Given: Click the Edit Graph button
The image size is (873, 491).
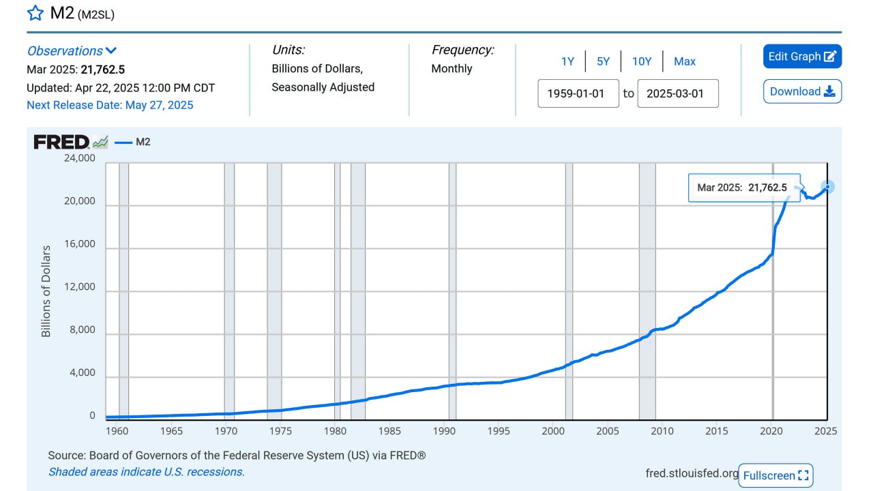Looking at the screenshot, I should point(802,57).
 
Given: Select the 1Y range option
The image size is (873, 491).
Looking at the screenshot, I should point(567,61).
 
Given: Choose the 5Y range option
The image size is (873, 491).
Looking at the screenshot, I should point(603,61).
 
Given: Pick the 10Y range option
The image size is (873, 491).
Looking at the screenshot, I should point(642,61).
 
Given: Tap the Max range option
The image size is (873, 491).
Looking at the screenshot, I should point(685,61).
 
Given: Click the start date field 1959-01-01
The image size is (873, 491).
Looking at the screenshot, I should point(578,93).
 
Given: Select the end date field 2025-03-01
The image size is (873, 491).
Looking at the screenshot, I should point(677,93).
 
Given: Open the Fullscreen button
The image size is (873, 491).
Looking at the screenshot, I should point(775,475).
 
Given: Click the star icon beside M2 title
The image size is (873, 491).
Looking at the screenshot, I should point(35,13).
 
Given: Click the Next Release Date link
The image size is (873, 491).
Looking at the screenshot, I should point(110,105).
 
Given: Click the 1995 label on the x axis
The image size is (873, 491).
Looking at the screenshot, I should point(499,431).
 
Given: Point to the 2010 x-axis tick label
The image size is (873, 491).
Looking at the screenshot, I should point(662,431).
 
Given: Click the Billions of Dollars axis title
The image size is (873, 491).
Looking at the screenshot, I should point(46,291).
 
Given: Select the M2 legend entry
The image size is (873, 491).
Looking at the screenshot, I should point(134,142).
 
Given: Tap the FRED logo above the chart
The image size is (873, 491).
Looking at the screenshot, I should point(62,142).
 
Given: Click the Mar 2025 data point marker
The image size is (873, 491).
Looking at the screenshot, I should point(827,186).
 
